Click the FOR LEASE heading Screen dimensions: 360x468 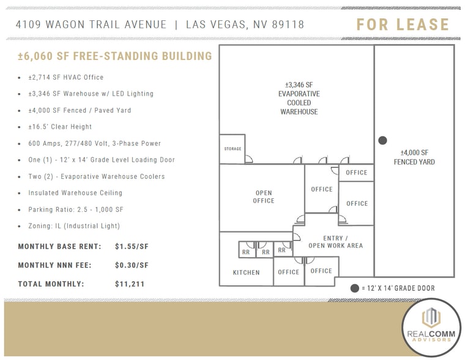(403, 25)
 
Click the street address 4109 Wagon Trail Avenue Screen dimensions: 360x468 (92, 24)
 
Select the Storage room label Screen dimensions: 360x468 (232, 149)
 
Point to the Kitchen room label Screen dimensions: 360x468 (246, 272)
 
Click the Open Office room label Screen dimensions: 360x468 (264, 197)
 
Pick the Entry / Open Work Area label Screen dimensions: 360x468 (335, 242)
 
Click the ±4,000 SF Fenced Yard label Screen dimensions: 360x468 (417, 157)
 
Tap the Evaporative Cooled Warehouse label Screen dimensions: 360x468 (299, 98)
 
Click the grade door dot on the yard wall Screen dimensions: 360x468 (383, 140)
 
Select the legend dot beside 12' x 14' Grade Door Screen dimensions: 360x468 (354, 288)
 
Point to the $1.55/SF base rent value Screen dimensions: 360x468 (132, 247)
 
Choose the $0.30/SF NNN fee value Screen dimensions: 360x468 (132, 265)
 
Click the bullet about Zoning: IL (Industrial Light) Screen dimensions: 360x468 (74, 226)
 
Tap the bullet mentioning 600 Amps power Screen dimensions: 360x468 (94, 143)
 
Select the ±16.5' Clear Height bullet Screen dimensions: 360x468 (60, 127)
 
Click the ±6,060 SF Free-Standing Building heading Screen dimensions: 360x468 (115, 56)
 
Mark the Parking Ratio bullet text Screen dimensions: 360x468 (76, 209)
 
